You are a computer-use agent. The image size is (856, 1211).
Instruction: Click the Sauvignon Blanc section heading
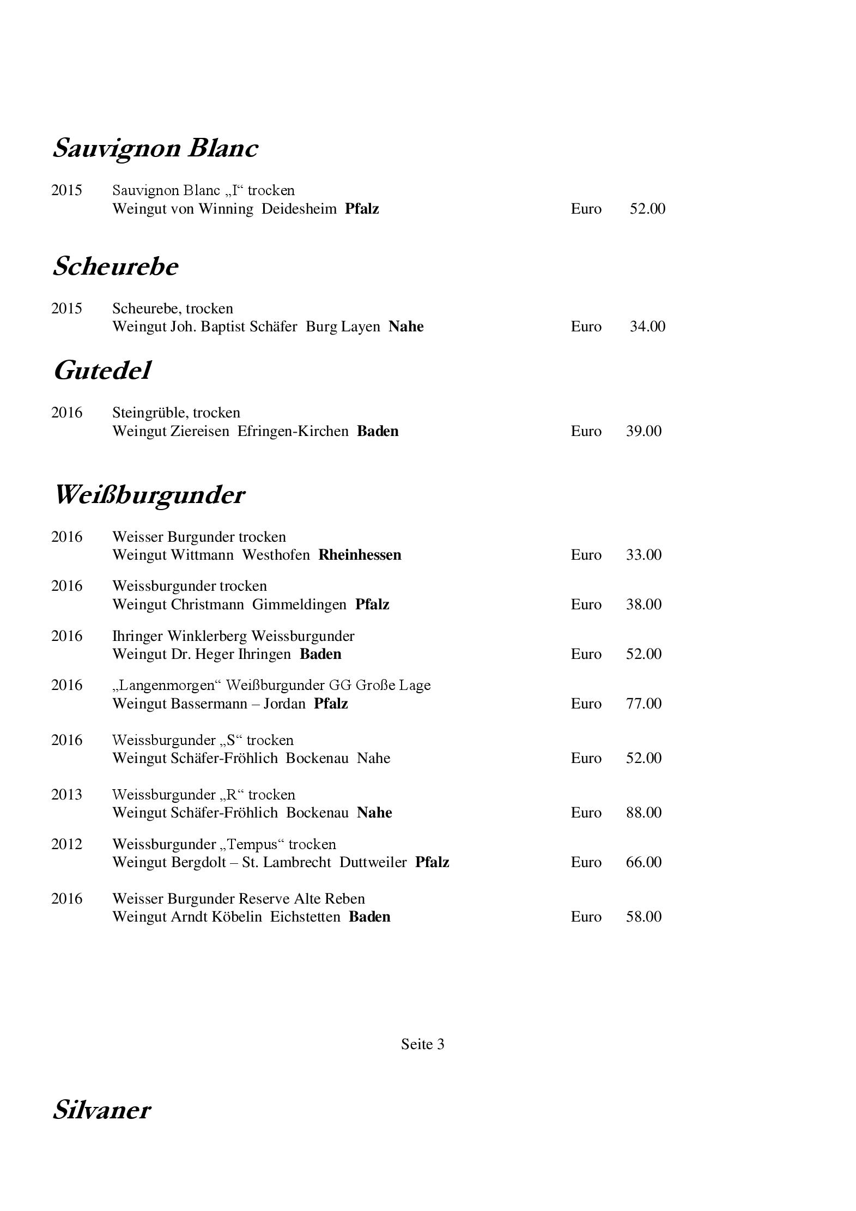pos(155,148)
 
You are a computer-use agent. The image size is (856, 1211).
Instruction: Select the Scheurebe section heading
pos(115,267)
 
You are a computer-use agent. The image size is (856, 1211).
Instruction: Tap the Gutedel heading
pos(102,371)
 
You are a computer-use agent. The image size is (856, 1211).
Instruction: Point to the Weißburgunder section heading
pos(149,495)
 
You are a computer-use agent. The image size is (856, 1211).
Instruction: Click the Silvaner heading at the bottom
pos(101,1110)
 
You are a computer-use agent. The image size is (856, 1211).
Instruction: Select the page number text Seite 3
pos(422,1044)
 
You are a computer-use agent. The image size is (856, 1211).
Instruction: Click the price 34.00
pos(647,326)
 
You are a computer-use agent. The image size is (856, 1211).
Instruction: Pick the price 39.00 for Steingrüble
pos(643,431)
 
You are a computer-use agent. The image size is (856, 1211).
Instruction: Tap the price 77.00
pos(643,704)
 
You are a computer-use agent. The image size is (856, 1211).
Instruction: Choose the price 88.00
pos(643,813)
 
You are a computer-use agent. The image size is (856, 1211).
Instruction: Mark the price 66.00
pos(643,862)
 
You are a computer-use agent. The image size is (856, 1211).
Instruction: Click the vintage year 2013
pos(66,795)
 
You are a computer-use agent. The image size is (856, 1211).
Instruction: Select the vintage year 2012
pos(66,844)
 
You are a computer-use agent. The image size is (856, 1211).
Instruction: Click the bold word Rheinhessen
pos(360,555)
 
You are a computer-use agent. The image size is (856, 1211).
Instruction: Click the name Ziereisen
pos(200,431)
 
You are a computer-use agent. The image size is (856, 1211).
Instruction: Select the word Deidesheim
pos(299,209)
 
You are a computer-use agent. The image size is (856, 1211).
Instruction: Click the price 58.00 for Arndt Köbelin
pos(643,917)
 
